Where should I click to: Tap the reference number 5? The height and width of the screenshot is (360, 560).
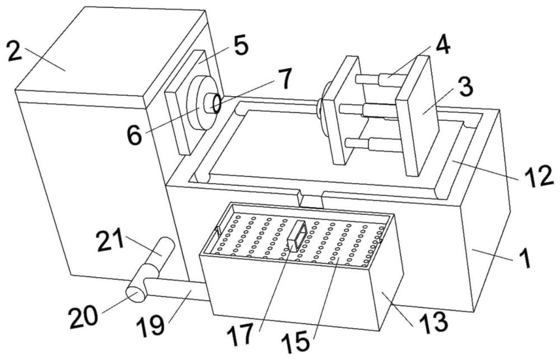pyautogui.click(x=241, y=46)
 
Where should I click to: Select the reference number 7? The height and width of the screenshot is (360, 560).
pyautogui.click(x=285, y=80)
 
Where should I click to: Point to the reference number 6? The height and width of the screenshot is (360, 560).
pyautogui.click(x=134, y=135)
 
